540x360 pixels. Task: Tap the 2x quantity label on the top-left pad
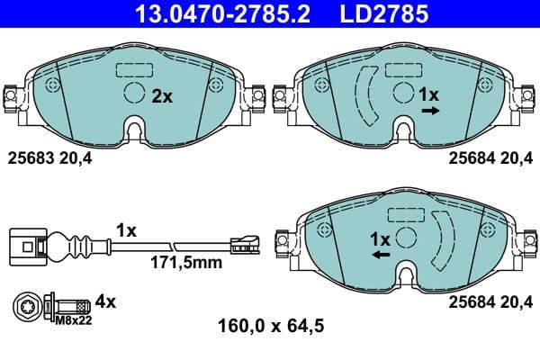pyautogui.click(x=161, y=95)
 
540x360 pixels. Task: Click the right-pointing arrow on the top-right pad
pyautogui.click(x=430, y=111)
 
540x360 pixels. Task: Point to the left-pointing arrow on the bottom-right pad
pyautogui.click(x=381, y=256)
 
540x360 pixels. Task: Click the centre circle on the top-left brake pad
pyautogui.click(x=133, y=92)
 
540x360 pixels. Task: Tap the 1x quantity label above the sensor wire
pyautogui.click(x=126, y=231)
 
